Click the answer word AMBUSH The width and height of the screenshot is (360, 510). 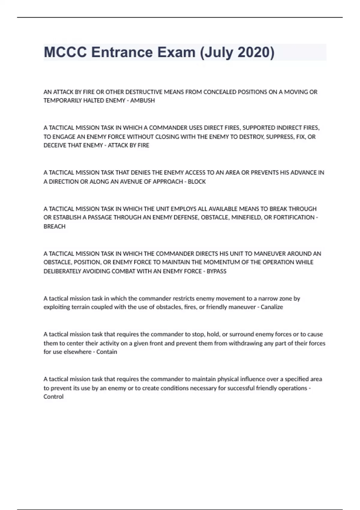[x=142, y=100]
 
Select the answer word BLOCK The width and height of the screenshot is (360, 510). [x=197, y=181]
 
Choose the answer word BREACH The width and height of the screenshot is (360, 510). [x=54, y=226]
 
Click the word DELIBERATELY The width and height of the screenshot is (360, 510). [x=62, y=271]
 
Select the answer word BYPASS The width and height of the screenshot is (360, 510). [x=217, y=271]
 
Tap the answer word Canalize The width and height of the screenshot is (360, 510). [x=272, y=307]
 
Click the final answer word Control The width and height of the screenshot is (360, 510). [x=53, y=397]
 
